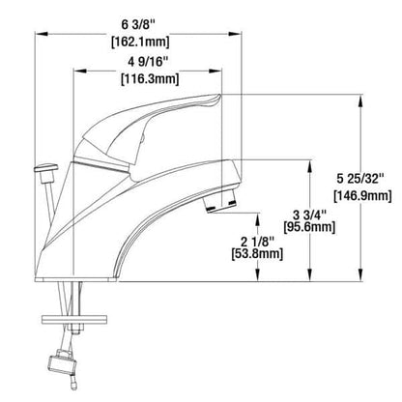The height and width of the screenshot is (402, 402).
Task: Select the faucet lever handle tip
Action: pyautogui.click(x=215, y=100)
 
